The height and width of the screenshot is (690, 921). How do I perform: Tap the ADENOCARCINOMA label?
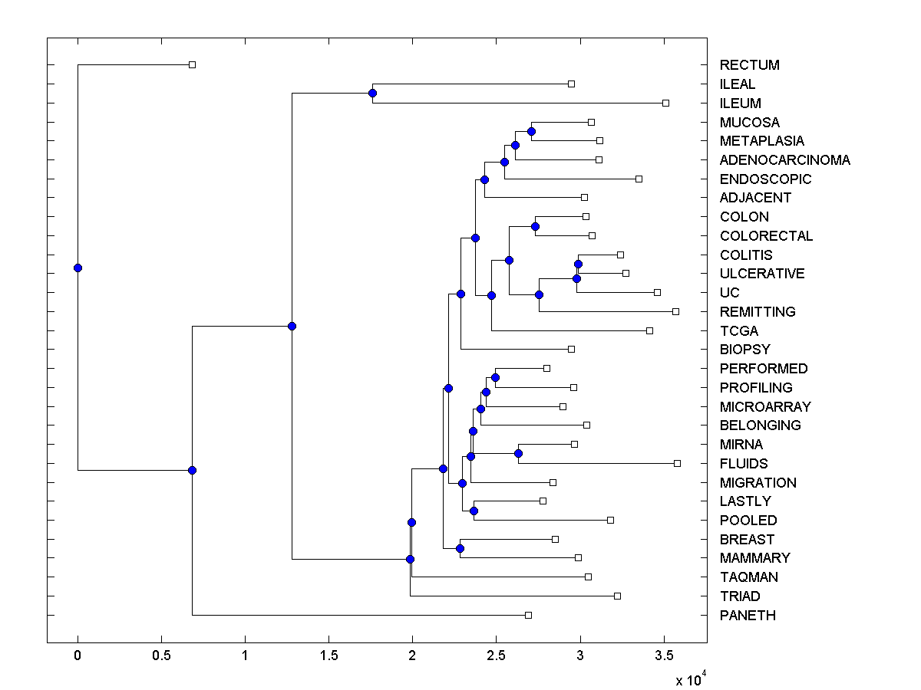[784, 160]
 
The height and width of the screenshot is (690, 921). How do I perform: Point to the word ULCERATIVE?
[762, 274]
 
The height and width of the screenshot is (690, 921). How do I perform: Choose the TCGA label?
[738, 331]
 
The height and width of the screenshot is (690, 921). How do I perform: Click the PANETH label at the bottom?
[748, 616]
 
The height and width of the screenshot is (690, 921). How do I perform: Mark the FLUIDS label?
[744, 464]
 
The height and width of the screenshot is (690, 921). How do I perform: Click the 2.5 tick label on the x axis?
[496, 656]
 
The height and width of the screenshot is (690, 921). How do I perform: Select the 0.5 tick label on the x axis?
[161, 656]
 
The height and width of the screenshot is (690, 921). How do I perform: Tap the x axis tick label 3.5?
[664, 656]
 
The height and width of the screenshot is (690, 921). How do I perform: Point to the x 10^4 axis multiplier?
[691, 679]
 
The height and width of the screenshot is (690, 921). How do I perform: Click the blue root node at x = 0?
[78, 268]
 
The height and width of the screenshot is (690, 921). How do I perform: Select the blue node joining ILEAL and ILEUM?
[372, 94]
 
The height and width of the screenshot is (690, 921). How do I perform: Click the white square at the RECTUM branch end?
[193, 65]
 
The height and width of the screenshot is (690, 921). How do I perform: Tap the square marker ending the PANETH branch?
[528, 615]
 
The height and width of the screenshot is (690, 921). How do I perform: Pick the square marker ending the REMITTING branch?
[675, 311]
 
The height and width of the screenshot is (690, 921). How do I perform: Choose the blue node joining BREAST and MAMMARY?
[460, 548]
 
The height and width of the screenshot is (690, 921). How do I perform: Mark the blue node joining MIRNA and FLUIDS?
[518, 454]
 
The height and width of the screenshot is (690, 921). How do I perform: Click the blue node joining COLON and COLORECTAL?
[535, 226]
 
